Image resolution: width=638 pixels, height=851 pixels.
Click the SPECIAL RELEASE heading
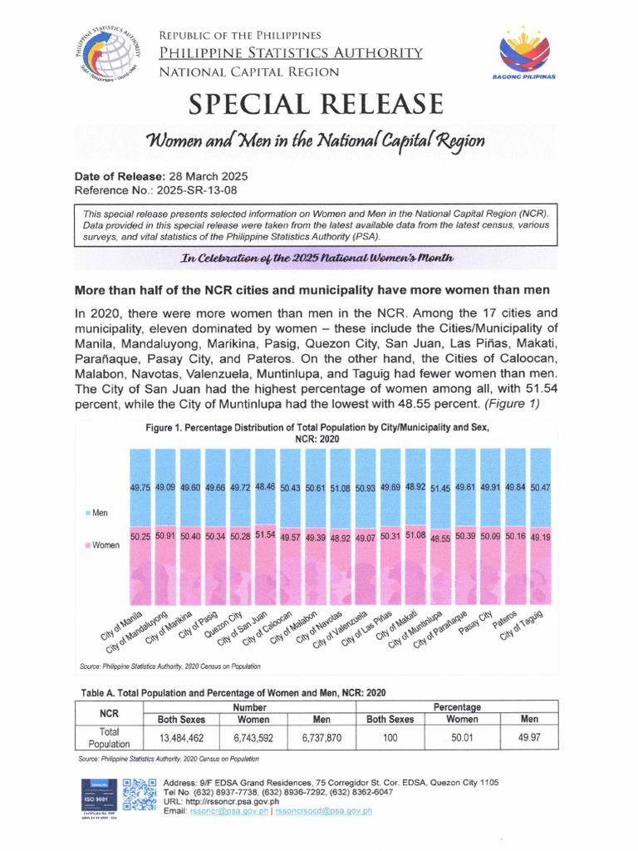316,105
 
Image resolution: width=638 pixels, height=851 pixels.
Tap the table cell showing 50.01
462,736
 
